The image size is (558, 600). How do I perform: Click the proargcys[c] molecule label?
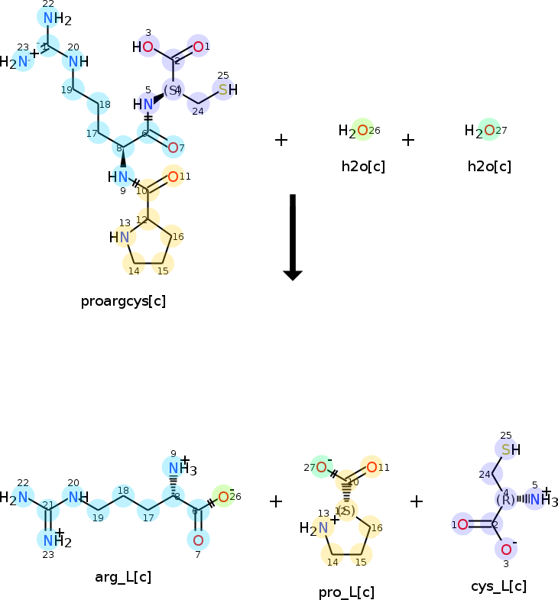(x=123, y=300)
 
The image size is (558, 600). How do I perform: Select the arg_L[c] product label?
(x=123, y=576)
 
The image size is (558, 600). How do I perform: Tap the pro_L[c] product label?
(x=346, y=592)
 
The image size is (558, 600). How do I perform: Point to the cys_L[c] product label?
(x=498, y=586)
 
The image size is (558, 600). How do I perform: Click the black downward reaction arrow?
(x=293, y=237)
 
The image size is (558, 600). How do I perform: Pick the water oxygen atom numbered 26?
(x=362, y=131)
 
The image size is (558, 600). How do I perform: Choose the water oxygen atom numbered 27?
(x=489, y=131)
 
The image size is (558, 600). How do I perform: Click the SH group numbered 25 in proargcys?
(x=223, y=90)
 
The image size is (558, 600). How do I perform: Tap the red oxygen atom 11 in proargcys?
(x=174, y=177)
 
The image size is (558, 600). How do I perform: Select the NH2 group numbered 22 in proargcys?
(x=48, y=18)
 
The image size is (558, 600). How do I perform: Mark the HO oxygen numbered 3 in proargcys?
(x=148, y=47)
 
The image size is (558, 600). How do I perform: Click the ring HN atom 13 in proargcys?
(x=124, y=238)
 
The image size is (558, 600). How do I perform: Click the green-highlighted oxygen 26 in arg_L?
(x=222, y=498)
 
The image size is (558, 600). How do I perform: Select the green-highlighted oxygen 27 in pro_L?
(x=322, y=467)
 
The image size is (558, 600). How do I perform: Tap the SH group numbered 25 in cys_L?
(x=506, y=449)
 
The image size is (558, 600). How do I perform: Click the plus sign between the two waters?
(x=408, y=140)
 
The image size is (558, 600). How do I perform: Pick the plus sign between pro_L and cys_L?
(x=417, y=501)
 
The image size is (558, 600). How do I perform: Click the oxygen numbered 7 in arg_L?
(x=198, y=540)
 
